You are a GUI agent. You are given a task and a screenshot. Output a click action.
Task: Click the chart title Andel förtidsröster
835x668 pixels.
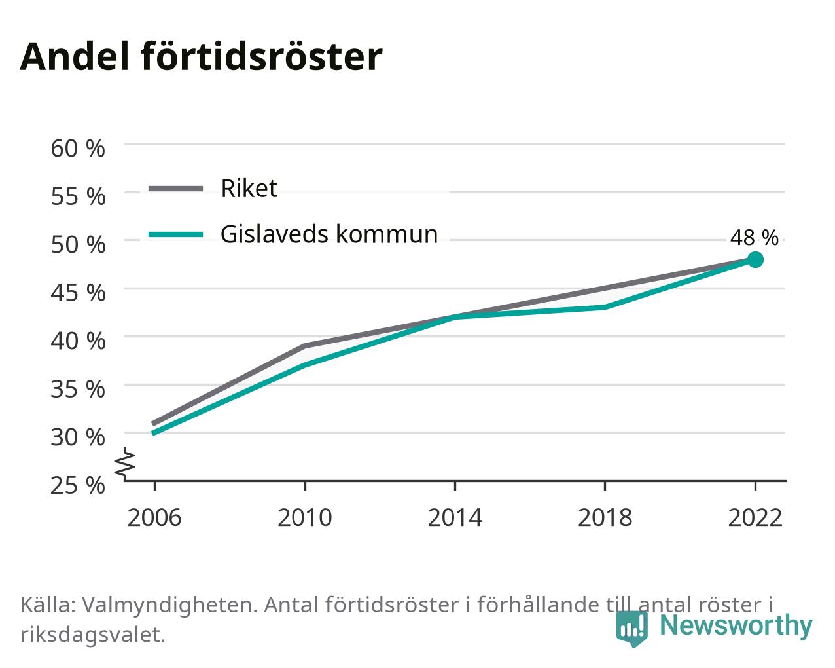201,57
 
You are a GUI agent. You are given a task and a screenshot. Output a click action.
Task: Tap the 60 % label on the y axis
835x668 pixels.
78,149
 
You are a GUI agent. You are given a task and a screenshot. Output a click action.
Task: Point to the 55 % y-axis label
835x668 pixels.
78,196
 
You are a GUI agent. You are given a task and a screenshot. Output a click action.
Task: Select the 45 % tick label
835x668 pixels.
78,293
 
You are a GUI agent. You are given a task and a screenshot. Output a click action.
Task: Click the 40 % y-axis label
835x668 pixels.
78,341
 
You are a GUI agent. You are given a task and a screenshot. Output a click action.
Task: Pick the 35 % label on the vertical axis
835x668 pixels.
78,389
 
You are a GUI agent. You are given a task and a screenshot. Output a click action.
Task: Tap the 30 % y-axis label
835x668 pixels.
78,437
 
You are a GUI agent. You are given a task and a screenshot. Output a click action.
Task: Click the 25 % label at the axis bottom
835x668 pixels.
78,485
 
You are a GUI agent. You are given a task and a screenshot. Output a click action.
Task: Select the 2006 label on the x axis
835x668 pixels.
154,518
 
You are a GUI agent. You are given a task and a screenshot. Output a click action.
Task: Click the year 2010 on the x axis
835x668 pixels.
305,518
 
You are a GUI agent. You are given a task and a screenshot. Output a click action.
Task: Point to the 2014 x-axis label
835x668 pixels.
455,518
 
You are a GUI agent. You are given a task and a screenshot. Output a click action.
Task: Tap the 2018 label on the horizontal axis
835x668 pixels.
605,518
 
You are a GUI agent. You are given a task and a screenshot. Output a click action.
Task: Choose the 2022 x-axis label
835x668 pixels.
755,518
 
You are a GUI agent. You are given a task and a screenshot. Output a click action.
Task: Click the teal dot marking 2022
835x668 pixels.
755,259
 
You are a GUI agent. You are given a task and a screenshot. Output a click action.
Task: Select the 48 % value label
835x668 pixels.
755,237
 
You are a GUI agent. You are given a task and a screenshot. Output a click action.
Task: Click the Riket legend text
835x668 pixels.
249,189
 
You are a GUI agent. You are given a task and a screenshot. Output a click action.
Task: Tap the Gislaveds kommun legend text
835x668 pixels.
329,234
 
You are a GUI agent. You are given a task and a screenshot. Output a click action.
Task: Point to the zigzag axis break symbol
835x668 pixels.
125,462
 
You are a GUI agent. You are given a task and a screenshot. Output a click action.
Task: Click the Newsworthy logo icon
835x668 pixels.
631,629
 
